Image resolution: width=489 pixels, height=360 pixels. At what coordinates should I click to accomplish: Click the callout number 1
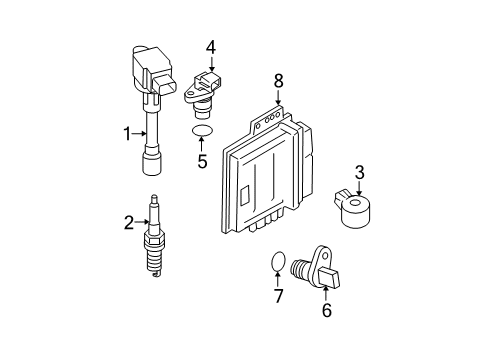[x=128, y=133]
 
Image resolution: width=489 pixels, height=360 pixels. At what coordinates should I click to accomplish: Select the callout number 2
[x=128, y=223]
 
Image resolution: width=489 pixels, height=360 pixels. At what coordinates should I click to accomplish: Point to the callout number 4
[x=211, y=46]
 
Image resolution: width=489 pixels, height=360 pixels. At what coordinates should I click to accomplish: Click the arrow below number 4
[x=211, y=63]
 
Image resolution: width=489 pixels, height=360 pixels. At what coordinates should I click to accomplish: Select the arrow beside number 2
[x=143, y=223]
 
